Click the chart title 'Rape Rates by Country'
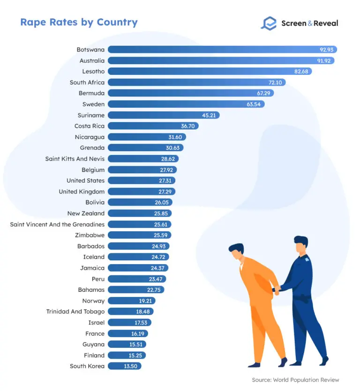[79, 22]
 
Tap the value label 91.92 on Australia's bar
[324, 60]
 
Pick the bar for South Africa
[196, 82]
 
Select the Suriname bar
[164, 115]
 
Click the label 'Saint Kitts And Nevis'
[75, 159]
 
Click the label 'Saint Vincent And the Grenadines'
[57, 224]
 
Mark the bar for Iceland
[138, 257]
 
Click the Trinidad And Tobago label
[75, 311]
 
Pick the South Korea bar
[124, 366]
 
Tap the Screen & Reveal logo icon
[269, 23]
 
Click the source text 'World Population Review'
[309, 380]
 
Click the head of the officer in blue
[300, 244]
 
